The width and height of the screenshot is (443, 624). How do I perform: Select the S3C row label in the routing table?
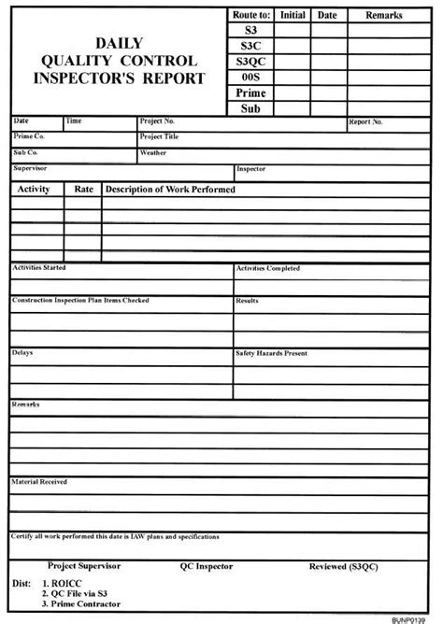coord(251,45)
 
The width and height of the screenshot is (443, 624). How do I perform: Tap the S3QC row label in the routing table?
coord(251,61)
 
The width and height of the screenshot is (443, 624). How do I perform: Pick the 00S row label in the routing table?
coord(251,77)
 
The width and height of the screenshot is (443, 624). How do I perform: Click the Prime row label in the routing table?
coord(251,92)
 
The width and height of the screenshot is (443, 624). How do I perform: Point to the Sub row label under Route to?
coord(251,108)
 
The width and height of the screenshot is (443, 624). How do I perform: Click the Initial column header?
coord(293,15)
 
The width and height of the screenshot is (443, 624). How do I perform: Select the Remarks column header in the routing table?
coord(383,15)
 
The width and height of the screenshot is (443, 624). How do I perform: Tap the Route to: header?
coord(251,15)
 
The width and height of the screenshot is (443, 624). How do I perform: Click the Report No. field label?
coord(365,122)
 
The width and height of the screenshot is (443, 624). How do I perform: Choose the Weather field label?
coord(153,151)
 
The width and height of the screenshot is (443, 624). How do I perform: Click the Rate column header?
coord(84,190)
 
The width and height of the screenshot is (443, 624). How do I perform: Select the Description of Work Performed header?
coord(170,190)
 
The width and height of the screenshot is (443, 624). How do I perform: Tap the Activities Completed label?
coord(268,268)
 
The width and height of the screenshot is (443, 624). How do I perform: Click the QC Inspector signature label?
coord(207,566)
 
